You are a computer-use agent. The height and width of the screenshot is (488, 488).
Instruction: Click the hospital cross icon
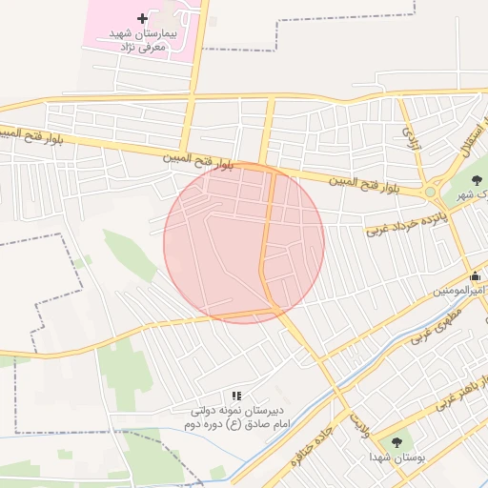[143, 19]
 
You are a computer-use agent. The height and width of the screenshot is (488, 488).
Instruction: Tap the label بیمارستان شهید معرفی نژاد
[143, 38]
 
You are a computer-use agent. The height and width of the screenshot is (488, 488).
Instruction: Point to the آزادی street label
[412, 141]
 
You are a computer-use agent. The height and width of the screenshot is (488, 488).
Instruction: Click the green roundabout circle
[431, 193]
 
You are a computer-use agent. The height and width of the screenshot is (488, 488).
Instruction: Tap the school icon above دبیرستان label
[236, 395]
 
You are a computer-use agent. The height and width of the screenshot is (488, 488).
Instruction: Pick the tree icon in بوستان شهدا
[396, 442]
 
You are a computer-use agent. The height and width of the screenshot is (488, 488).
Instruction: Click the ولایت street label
[359, 420]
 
